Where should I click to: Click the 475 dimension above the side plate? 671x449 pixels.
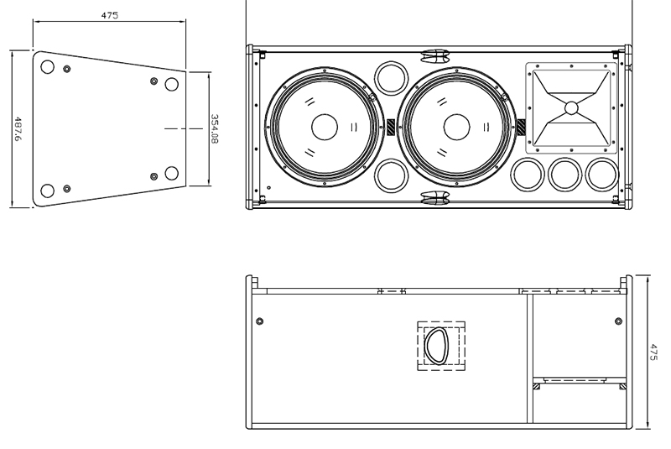[x=109, y=15]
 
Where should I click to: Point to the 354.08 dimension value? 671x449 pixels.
[x=214, y=128]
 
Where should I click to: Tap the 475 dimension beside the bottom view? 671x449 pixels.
[x=654, y=352]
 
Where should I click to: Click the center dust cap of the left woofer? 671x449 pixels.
[x=324, y=128]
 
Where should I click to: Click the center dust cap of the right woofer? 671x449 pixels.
[x=456, y=128]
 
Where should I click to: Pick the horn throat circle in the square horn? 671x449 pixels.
[x=571, y=107]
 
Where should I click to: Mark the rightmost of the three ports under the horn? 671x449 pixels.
[x=602, y=174]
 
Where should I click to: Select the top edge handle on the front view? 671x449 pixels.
[x=434, y=56]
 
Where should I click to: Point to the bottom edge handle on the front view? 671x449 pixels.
[x=434, y=198]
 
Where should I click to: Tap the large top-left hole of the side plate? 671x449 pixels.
[x=48, y=66]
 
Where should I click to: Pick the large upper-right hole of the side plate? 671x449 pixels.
[x=172, y=84]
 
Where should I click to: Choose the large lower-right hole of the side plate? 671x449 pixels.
[x=172, y=173]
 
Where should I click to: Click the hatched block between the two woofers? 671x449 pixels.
[x=391, y=127]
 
